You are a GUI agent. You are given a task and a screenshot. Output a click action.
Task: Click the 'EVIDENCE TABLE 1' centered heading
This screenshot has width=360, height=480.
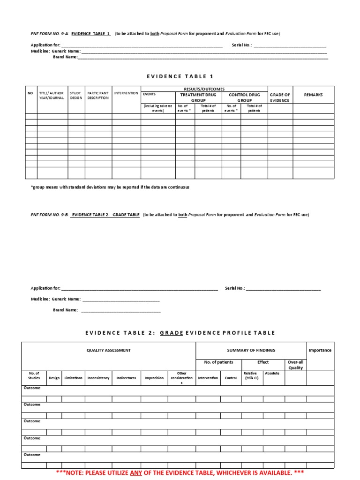pos(180,76)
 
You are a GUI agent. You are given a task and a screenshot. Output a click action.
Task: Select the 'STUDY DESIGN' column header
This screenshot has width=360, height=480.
pos(75,96)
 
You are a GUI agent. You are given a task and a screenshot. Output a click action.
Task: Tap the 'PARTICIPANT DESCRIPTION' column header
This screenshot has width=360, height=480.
pos(97,96)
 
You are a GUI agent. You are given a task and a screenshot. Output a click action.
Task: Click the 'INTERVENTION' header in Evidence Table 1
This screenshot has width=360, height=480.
pos(126,93)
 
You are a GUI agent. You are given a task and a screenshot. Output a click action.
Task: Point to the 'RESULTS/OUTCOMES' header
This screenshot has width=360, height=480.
pos(204,89)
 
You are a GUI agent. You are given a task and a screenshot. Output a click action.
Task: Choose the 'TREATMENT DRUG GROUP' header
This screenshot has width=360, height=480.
pos(198,97)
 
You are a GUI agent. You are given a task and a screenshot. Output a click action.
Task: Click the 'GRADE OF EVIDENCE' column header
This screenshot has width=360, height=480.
pos(280,97)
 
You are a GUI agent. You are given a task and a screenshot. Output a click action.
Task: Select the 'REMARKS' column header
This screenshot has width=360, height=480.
pos(313,95)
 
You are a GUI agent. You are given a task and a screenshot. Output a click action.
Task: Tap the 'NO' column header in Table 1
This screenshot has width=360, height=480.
pos(30,93)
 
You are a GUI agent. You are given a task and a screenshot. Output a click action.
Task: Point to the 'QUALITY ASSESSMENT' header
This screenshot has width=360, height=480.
pos(108,350)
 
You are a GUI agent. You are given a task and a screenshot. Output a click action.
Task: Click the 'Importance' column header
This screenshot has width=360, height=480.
pos(320,350)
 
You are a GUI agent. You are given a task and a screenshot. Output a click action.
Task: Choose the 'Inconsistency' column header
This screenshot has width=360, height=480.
pos(98,378)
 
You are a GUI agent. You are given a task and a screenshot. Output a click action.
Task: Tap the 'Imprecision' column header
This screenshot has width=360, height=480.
pos(154,378)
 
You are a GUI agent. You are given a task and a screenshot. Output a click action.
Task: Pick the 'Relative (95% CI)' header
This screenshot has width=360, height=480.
pos(250,375)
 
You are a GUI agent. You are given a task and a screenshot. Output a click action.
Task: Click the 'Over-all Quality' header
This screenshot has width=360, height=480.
pos(295,365)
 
